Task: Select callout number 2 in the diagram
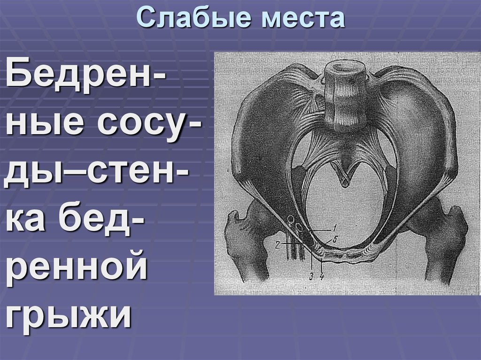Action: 278,244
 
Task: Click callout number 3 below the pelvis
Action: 311,276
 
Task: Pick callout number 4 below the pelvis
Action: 322,276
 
